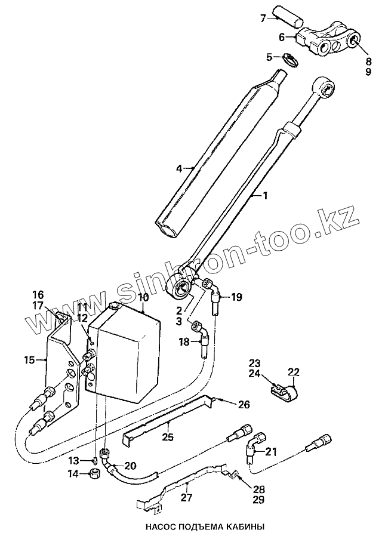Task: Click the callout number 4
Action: [x=178, y=169]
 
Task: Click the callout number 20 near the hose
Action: [x=130, y=465]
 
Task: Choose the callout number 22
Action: [x=292, y=372]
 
